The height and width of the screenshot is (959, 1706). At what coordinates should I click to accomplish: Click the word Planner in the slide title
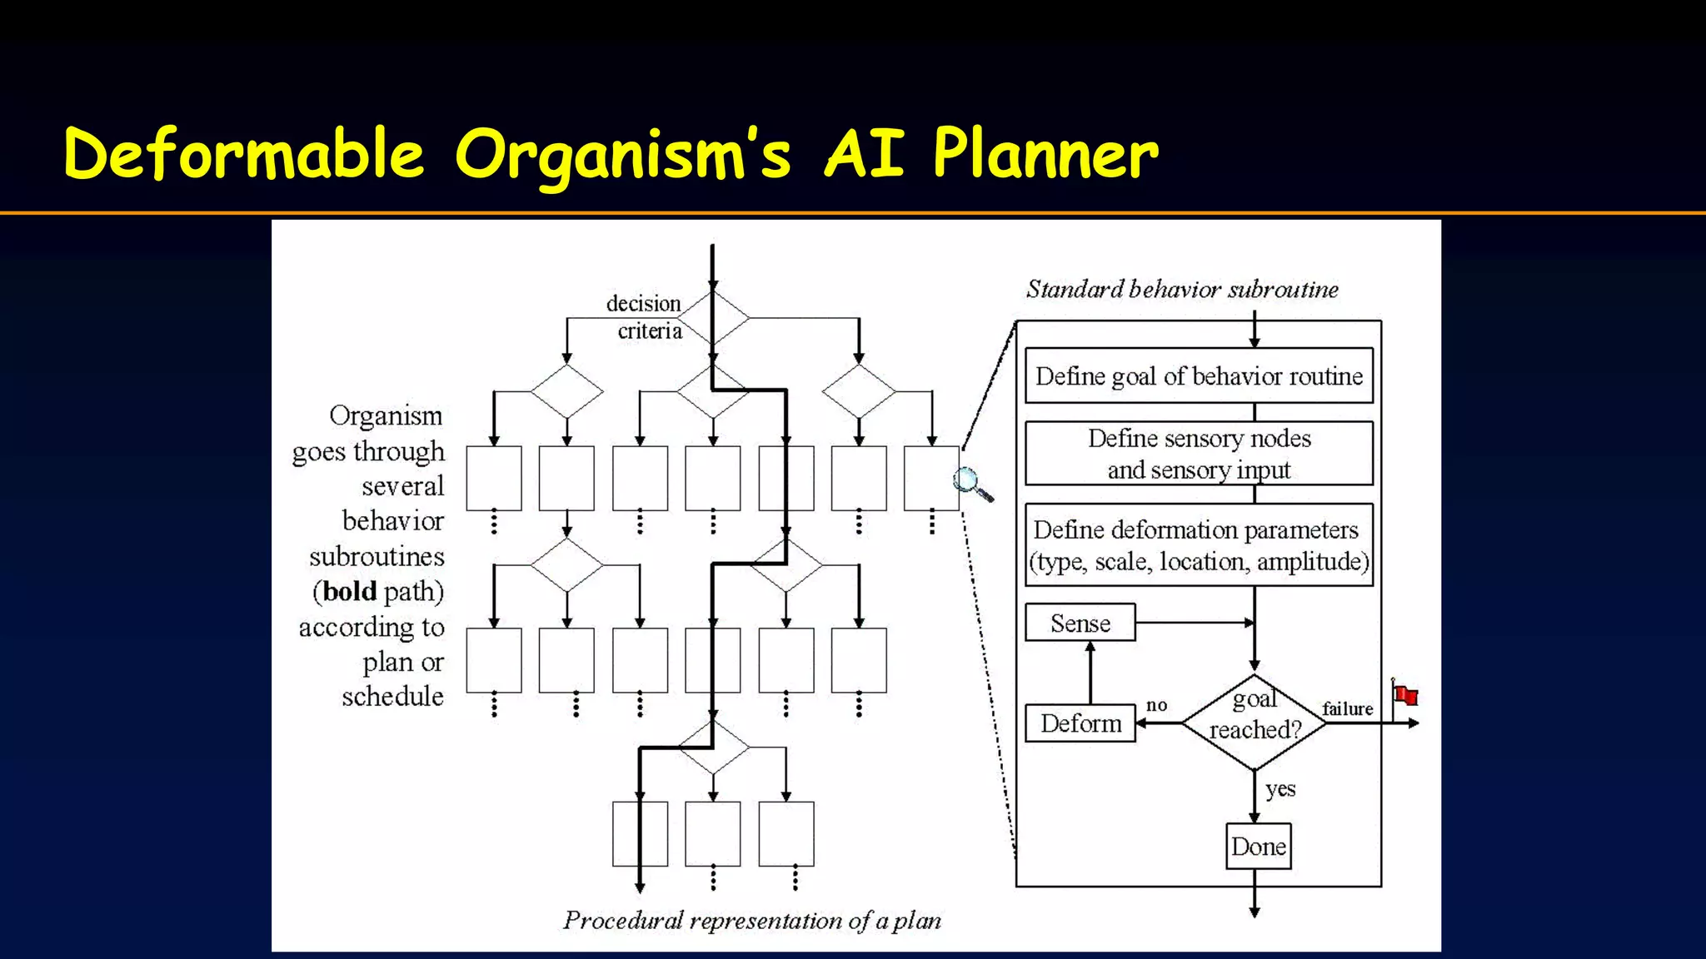[x=1045, y=154]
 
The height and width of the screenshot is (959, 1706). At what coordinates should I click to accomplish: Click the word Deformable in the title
[x=243, y=154]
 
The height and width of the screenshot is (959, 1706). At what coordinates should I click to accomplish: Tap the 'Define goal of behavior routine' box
[x=1199, y=376]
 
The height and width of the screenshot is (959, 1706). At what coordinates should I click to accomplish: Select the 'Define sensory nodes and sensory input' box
[x=1199, y=454]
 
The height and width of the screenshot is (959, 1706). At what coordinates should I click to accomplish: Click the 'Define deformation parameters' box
[x=1199, y=545]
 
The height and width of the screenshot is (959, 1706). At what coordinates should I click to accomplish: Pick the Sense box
[x=1080, y=623]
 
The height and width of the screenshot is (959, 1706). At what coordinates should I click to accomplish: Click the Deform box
[x=1080, y=723]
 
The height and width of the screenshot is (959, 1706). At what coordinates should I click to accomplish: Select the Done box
[x=1258, y=847]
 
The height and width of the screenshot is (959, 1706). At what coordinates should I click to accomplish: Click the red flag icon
[x=1405, y=694]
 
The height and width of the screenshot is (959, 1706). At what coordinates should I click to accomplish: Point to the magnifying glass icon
[x=971, y=484]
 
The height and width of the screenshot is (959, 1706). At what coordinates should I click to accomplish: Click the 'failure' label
[x=1347, y=708]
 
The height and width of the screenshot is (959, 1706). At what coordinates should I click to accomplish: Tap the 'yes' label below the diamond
[x=1280, y=788]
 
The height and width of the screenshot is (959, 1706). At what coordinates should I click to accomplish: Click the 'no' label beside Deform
[x=1156, y=705]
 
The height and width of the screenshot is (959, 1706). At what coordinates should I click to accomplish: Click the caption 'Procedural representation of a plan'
[x=751, y=921]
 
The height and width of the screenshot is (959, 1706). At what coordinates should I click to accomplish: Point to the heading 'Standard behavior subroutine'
[x=1181, y=290]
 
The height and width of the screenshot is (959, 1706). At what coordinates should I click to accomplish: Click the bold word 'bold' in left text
[x=350, y=592]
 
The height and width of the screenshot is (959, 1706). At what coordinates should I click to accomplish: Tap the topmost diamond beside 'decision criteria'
[x=713, y=318]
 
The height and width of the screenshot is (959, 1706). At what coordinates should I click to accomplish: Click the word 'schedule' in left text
[x=392, y=697]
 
